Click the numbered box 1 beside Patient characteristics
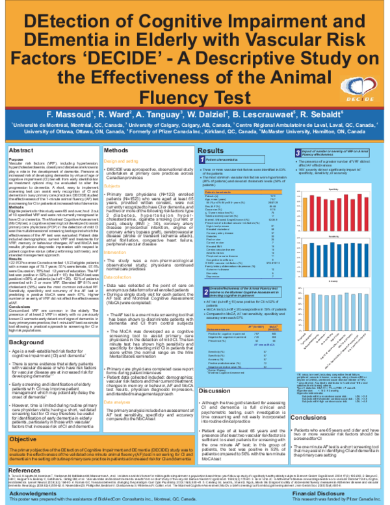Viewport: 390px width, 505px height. point(200,159)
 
